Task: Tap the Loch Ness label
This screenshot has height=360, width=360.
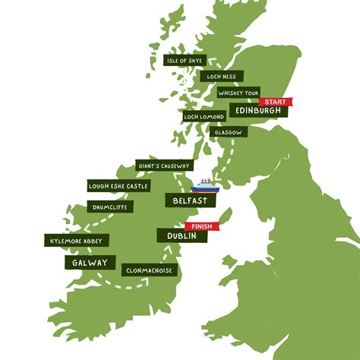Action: (221, 76)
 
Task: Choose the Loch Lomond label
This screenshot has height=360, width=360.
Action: (204, 117)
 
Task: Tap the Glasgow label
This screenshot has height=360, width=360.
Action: (229, 132)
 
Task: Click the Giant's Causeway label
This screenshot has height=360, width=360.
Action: (165, 166)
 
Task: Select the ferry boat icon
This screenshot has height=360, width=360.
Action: (205, 185)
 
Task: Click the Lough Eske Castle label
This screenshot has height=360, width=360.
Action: (118, 186)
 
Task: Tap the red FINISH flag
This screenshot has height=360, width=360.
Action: (201, 226)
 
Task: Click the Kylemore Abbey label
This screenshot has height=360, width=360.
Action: (77, 241)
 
